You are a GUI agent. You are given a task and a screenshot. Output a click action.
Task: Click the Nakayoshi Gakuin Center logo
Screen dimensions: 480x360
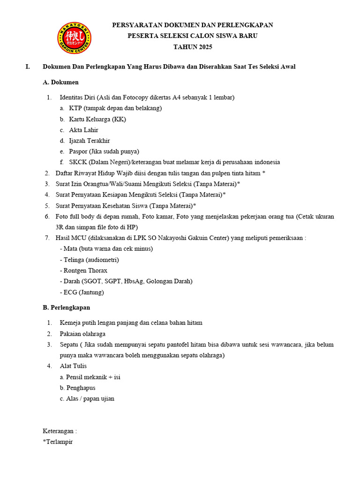[x=74, y=38]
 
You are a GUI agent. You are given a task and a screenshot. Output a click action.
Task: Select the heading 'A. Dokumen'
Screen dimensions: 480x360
[x=60, y=82]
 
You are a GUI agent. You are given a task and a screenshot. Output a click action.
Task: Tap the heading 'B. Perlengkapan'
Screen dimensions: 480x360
[x=66, y=307]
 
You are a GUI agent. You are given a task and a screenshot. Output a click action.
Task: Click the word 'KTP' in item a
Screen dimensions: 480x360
[x=75, y=108]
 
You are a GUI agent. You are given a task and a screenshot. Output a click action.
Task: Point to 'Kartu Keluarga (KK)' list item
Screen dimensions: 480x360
[x=97, y=119]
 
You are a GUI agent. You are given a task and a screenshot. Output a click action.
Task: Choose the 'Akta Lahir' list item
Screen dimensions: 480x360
[x=83, y=130]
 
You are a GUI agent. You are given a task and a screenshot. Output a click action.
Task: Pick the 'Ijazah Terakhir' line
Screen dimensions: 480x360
[x=90, y=141]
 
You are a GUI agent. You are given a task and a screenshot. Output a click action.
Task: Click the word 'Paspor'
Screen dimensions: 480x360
[x=78, y=151]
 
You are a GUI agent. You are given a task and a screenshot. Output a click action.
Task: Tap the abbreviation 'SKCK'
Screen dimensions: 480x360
[x=78, y=162]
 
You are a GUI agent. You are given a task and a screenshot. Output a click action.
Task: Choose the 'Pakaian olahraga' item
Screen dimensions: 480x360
[x=82, y=334]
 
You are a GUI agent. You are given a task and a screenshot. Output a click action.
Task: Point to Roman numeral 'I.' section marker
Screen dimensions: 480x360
[x=28, y=67]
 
